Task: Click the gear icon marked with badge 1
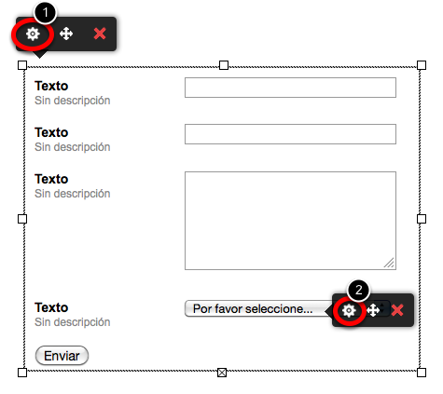click(x=33, y=34)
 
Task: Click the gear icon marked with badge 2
click(x=349, y=310)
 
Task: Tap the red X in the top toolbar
click(x=100, y=34)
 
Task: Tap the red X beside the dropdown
click(x=397, y=310)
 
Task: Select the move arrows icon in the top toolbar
click(x=66, y=34)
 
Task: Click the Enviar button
click(x=62, y=356)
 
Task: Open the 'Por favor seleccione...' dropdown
click(x=258, y=308)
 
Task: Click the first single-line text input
click(x=290, y=88)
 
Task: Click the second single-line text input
click(x=290, y=134)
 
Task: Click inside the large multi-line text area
click(x=290, y=221)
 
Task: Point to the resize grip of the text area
click(x=389, y=263)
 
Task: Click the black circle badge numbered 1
click(x=46, y=13)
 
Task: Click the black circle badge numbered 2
click(x=359, y=290)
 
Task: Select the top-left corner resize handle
click(x=22, y=65)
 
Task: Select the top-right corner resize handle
click(x=422, y=65)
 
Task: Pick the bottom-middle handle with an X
click(x=222, y=373)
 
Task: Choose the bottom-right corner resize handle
click(x=422, y=373)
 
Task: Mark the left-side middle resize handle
click(x=22, y=219)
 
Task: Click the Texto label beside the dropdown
click(x=51, y=307)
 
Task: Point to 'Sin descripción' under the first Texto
click(x=73, y=101)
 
